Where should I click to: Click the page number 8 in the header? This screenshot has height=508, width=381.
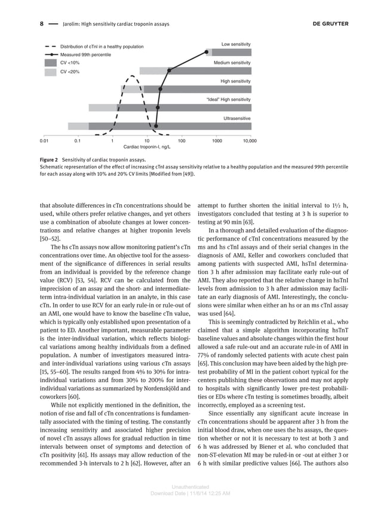click(x=42, y=24)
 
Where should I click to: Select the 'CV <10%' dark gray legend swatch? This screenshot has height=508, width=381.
click(x=51, y=63)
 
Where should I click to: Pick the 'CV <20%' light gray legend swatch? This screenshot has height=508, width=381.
click(x=51, y=72)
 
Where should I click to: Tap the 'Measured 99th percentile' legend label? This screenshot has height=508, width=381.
click(x=85, y=54)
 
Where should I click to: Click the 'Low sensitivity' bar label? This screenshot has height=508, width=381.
click(x=236, y=44)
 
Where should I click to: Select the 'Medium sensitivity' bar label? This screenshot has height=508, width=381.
click(x=232, y=63)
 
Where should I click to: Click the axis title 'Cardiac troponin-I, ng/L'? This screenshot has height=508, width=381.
click(x=146, y=146)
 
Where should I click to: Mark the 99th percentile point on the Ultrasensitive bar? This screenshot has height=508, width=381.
click(x=156, y=126)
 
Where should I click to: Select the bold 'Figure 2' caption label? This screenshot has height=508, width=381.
click(x=48, y=161)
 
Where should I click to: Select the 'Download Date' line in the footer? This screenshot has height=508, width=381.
click(x=190, y=494)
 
